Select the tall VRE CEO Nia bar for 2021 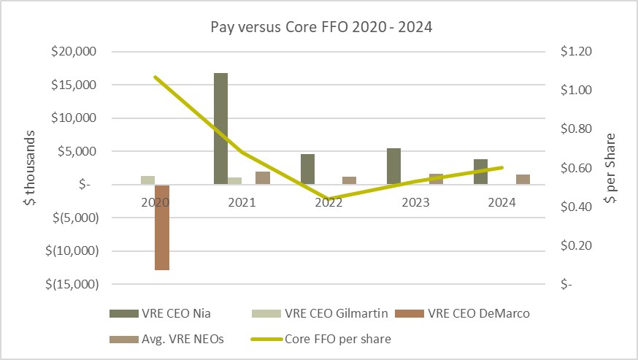click(x=220, y=129)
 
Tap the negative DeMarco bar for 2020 click(x=162, y=227)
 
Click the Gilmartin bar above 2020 click(x=147, y=180)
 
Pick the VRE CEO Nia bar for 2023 click(x=393, y=166)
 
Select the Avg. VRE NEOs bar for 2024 click(x=523, y=180)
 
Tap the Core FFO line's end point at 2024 click(x=502, y=167)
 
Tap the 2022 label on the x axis click(x=328, y=204)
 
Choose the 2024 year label click(x=502, y=204)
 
